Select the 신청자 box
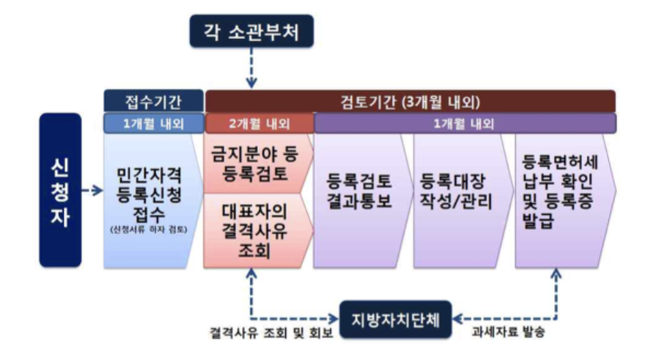pos(60,190)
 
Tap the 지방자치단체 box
pos(396,319)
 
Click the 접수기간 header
pos(153,101)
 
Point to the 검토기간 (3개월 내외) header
pos(410,101)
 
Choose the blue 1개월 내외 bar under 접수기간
pos(153,123)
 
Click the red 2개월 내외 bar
pos(259,123)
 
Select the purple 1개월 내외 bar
pos(465,123)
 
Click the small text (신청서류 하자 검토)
pos(152,230)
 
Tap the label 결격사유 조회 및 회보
pos(270,336)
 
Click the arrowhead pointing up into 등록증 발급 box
pos(555,274)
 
